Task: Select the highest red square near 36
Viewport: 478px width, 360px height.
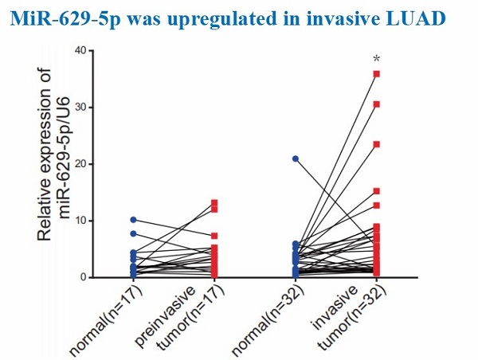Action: pyautogui.click(x=376, y=73)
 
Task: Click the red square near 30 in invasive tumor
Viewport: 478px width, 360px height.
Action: pyautogui.click(x=376, y=104)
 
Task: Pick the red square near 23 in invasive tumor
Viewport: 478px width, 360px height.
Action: pyautogui.click(x=376, y=144)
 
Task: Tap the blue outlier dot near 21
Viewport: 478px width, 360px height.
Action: pyautogui.click(x=296, y=158)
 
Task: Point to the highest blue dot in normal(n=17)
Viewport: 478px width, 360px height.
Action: pyautogui.click(x=134, y=219)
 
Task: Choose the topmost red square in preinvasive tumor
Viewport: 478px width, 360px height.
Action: pyautogui.click(x=214, y=203)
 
